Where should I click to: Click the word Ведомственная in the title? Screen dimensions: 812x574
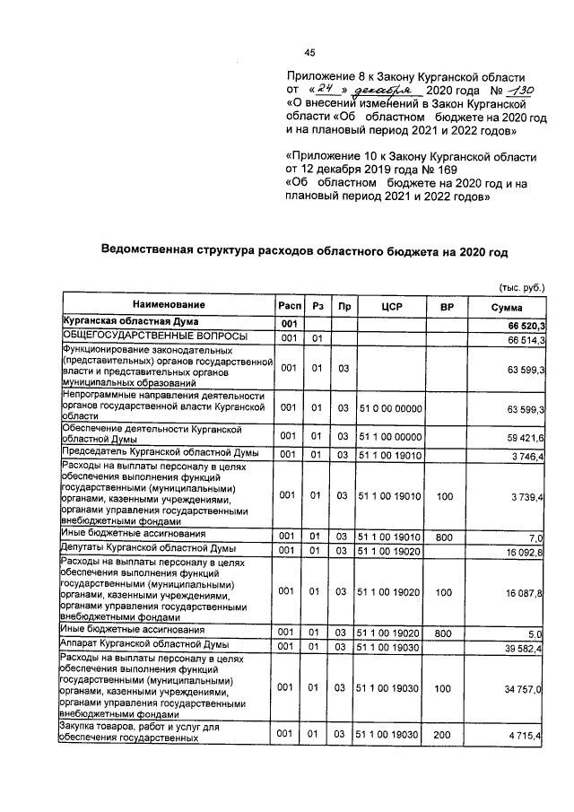coord(149,251)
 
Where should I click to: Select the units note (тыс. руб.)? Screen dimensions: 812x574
coord(522,288)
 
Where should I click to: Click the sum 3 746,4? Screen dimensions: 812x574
coord(529,455)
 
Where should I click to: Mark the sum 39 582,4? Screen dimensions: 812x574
coord(526,646)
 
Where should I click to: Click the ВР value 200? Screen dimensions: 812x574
coord(440,735)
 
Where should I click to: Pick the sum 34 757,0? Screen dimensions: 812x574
coord(526,686)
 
